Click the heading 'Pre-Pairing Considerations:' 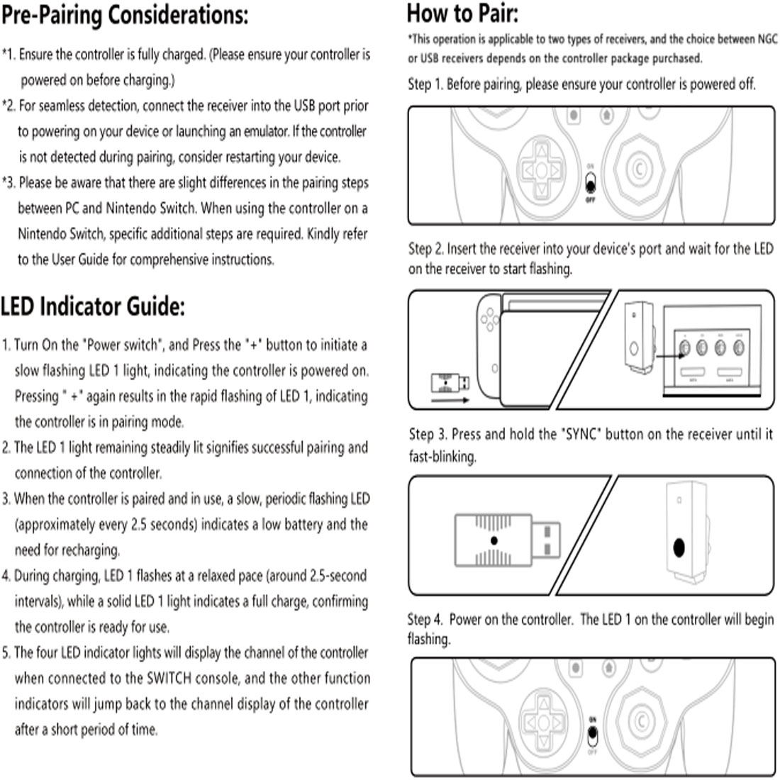(x=124, y=15)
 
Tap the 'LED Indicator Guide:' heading (x=92, y=306)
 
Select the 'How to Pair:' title (x=462, y=13)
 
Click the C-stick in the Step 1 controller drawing (x=639, y=169)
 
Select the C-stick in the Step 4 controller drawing (x=641, y=723)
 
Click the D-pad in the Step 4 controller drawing (x=543, y=723)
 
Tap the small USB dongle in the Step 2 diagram (x=450, y=383)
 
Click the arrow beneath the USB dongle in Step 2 (x=450, y=400)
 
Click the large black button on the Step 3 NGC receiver (x=679, y=547)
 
